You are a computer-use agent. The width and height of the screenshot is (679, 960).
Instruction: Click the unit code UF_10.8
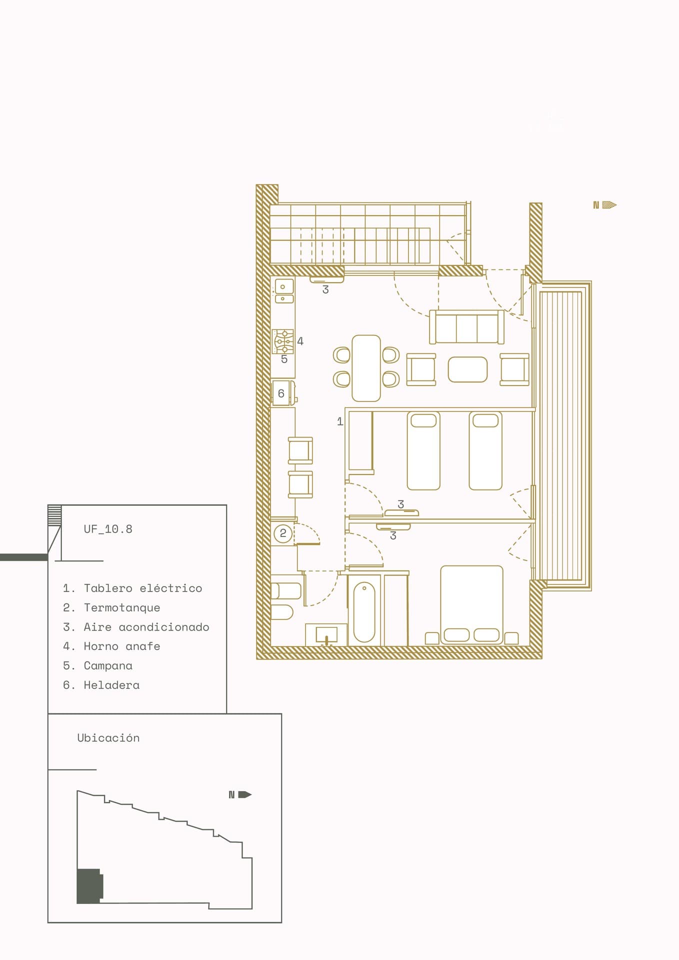pyautogui.click(x=108, y=529)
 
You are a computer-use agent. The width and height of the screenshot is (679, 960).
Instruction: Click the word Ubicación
pyautogui.click(x=108, y=738)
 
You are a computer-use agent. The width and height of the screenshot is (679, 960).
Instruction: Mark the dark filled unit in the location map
pyautogui.click(x=89, y=886)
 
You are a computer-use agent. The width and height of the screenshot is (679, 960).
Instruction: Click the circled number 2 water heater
pyautogui.click(x=283, y=533)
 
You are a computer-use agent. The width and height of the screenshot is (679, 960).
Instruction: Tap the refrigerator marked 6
pyautogui.click(x=283, y=393)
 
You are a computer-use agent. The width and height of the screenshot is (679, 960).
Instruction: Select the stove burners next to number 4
pyautogui.click(x=282, y=341)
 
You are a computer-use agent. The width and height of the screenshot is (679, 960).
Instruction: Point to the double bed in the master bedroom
pyautogui.click(x=471, y=604)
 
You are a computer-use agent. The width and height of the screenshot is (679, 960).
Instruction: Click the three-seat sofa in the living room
pyautogui.click(x=466, y=327)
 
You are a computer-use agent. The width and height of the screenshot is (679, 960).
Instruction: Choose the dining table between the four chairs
pyautogui.click(x=366, y=368)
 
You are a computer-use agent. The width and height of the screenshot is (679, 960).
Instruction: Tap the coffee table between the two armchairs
pyautogui.click(x=467, y=369)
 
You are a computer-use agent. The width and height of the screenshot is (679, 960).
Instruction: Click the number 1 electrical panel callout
pyautogui.click(x=340, y=421)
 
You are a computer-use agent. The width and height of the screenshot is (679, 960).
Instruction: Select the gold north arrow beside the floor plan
pyautogui.click(x=605, y=205)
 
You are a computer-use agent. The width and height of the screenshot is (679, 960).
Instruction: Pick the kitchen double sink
pyautogui.click(x=283, y=291)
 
